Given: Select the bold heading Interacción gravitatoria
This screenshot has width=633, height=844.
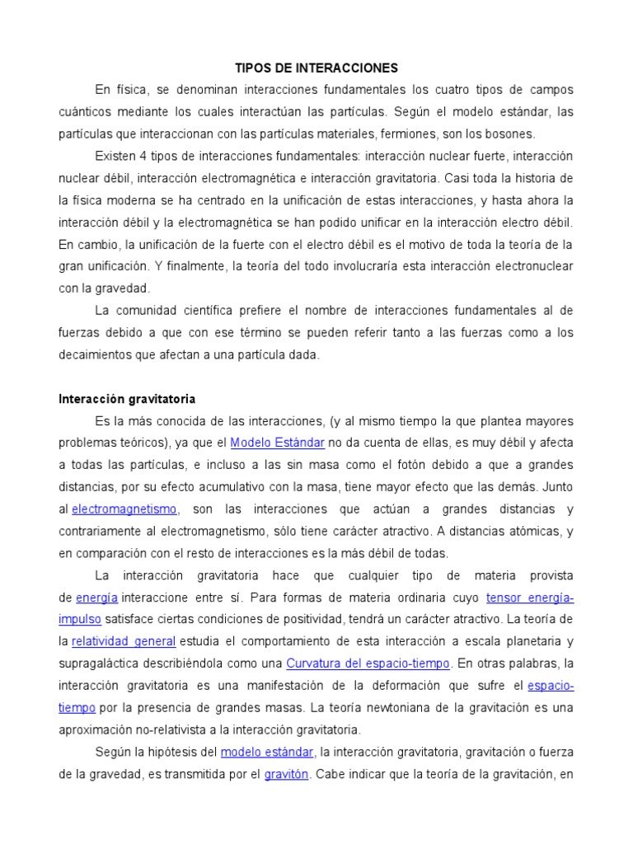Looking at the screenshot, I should click(127, 399).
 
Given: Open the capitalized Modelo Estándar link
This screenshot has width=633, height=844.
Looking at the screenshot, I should click(277, 443).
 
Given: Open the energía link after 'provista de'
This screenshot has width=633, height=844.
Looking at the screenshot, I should click(97, 597).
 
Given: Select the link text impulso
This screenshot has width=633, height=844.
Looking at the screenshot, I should click(80, 619).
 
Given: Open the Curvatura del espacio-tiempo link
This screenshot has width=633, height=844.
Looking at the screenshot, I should click(368, 663).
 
